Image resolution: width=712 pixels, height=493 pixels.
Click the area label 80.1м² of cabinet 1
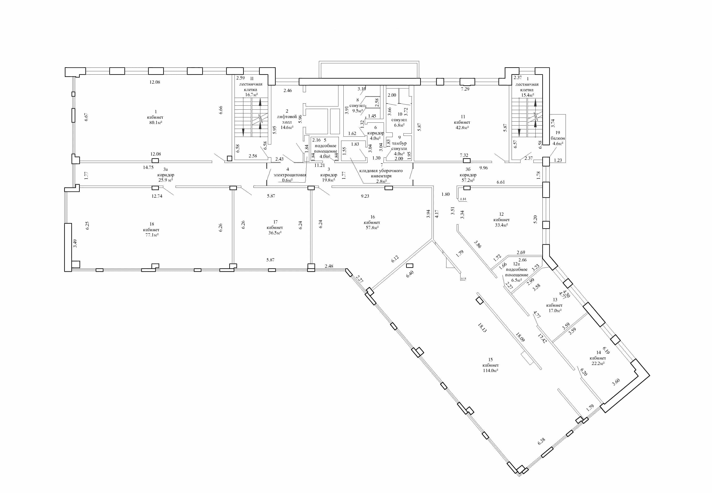[x=155, y=123]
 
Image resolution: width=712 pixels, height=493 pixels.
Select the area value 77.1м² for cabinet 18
[x=152, y=235]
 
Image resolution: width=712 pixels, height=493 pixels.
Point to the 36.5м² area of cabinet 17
[x=275, y=233]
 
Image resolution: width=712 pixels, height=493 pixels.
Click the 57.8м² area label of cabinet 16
[x=372, y=227]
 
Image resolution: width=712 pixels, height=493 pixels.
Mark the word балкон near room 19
[x=558, y=138]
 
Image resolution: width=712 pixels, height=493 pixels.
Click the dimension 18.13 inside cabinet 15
[x=482, y=327]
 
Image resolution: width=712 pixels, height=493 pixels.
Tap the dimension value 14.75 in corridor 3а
[x=148, y=167]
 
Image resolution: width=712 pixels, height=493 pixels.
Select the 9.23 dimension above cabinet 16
[x=365, y=196]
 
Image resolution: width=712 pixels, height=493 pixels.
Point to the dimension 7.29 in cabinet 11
[x=465, y=89]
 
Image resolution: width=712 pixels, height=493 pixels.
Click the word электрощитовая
[x=290, y=175]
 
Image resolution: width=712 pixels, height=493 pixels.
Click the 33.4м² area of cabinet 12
[x=501, y=225]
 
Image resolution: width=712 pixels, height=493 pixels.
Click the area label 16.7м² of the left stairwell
[x=251, y=95]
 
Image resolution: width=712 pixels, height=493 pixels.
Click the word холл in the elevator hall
[x=287, y=122]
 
